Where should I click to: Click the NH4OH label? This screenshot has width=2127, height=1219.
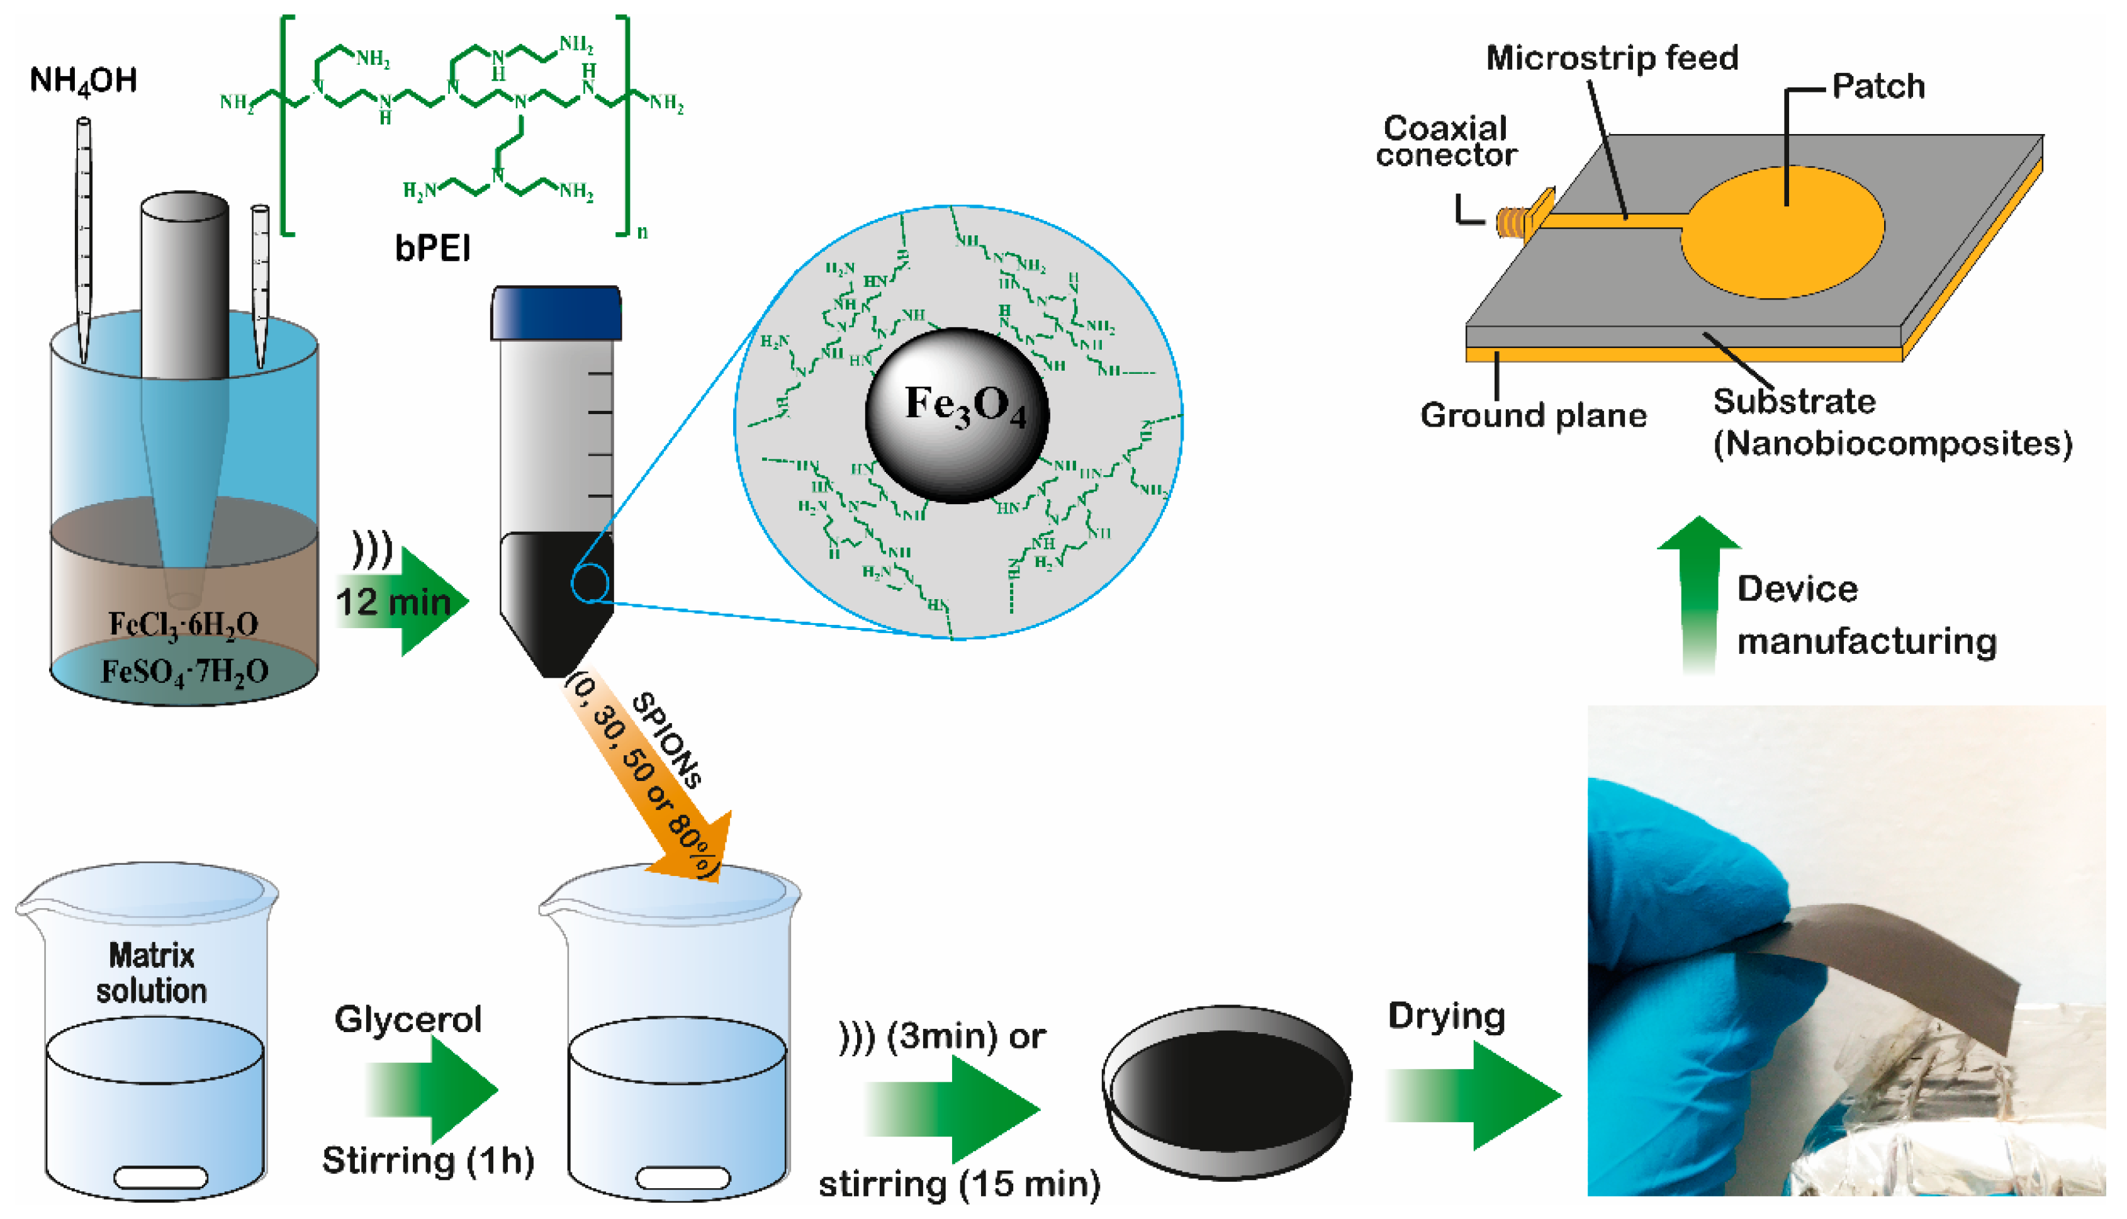pyautogui.click(x=83, y=81)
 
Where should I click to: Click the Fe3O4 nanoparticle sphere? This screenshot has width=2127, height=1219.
pyautogui.click(x=957, y=415)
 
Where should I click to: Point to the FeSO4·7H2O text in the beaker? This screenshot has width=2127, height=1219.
pyautogui.click(x=184, y=672)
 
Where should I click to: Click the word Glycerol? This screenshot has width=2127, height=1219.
pyautogui.click(x=408, y=1019)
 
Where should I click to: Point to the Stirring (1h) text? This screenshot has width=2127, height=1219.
pyautogui.click(x=428, y=1160)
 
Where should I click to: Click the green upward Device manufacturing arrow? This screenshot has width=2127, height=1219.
pyautogui.click(x=1698, y=595)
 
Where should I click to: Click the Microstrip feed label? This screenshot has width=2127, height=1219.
pyautogui.click(x=1612, y=58)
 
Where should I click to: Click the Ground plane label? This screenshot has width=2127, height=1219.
pyautogui.click(x=1533, y=415)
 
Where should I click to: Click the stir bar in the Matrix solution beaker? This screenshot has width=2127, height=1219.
pyautogui.click(x=160, y=1177)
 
